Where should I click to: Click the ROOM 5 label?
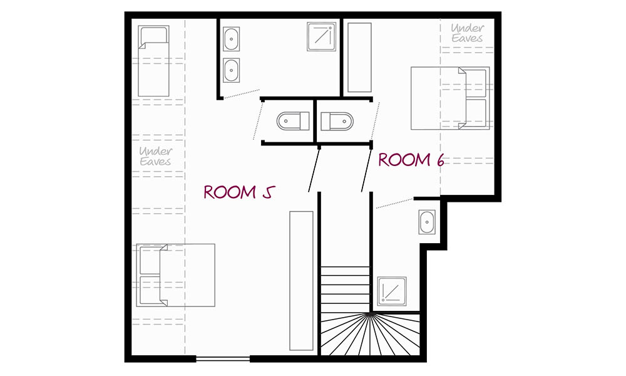pos(239,192)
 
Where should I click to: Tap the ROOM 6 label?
pos(411,160)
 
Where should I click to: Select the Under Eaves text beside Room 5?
pos(155,156)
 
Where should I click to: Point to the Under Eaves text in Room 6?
pos(468,33)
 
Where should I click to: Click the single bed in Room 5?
pos(154,61)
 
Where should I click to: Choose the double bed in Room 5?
pos(176,275)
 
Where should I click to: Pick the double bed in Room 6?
pos(450,98)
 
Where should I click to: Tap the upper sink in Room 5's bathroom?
pos(231,39)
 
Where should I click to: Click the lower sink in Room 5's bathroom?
pos(231,70)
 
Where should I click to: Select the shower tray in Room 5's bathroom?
pos(321,37)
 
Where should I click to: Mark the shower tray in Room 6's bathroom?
pos(392,291)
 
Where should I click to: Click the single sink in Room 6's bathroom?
pos(427,222)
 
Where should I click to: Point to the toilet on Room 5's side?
pos(293,121)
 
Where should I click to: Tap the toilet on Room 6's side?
pos(337,121)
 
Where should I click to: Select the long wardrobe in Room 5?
pos(302,281)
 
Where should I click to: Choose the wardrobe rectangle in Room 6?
pos(360,58)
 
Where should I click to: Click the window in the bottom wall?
pos(223,359)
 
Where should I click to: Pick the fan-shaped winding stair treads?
pos(370,334)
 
